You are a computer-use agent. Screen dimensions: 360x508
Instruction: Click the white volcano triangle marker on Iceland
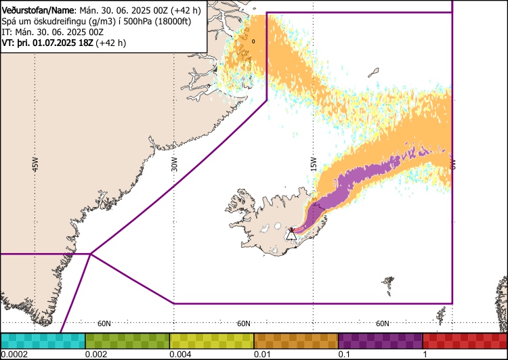pos(291,235)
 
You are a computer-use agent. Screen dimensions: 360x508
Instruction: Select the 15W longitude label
pos(314,164)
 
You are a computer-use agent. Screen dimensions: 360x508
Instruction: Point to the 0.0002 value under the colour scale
pos(14,354)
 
